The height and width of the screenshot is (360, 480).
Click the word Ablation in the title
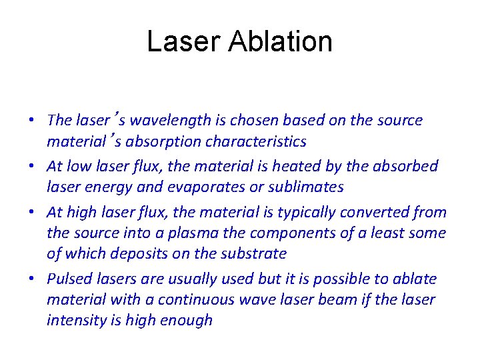point(280,41)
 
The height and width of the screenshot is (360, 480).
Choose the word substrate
point(253,253)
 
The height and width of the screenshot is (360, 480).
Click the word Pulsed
point(67,279)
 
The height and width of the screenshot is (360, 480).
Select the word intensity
point(72,320)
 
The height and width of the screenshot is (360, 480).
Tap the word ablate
point(415,279)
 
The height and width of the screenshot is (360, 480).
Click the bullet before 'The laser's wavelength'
point(32,121)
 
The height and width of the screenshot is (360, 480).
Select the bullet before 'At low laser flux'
point(32,167)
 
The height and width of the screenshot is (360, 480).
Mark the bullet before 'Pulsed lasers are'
point(32,279)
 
